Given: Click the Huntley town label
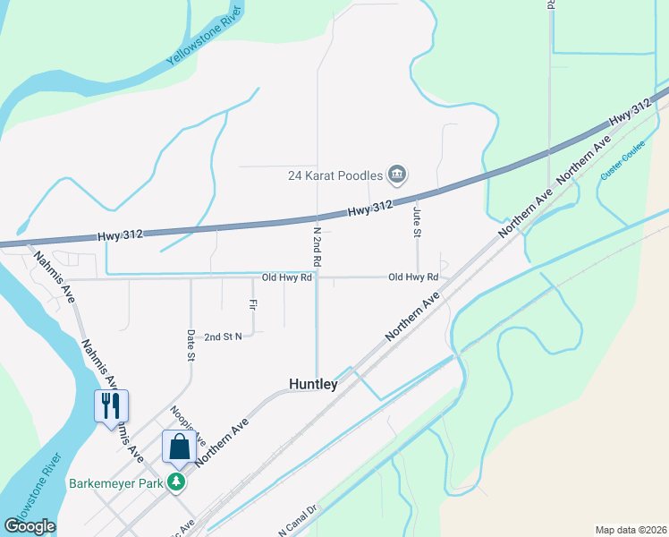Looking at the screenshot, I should point(313,384).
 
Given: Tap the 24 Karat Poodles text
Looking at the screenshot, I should point(335,175).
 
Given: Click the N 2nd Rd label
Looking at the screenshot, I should point(317,245).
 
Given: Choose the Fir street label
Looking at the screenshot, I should point(254,305).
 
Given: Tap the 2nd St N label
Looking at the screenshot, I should point(223,337).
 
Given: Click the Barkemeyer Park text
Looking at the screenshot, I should point(119,482).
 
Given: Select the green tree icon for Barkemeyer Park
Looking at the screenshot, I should point(178,482).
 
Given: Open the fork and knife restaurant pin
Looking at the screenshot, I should point(112,405).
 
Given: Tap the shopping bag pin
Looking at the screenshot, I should point(179,447).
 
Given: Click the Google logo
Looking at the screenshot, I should point(30,525).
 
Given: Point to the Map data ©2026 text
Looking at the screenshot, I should point(631,529).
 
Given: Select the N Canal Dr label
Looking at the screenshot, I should point(298,521).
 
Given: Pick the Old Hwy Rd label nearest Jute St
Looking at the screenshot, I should point(413,277).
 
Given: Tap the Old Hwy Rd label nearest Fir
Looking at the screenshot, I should point(286,277).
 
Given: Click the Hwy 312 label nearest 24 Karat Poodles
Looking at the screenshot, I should point(370,208).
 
